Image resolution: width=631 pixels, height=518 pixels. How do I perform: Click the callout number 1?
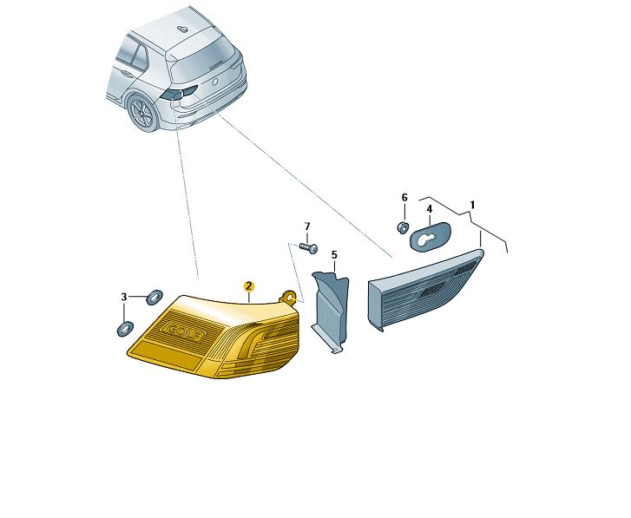[x=472, y=205]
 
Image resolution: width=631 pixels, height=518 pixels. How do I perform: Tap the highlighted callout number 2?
[x=249, y=286]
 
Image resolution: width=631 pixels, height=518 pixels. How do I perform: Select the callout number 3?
[x=124, y=297]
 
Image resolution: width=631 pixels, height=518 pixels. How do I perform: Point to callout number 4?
[x=430, y=209]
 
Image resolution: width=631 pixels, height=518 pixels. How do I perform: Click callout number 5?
[x=334, y=255]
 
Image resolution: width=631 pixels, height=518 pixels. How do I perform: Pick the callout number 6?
[x=404, y=198]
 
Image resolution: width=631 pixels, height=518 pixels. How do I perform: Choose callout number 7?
[x=307, y=226]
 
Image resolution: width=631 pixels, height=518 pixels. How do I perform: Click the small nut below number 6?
[x=403, y=227]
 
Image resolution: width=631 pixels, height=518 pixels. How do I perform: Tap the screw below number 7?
[x=309, y=247]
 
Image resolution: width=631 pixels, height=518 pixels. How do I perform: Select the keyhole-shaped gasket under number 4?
[x=431, y=236]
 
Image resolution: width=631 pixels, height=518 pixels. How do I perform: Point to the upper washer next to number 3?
[x=154, y=298]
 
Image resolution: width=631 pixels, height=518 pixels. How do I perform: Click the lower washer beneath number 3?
[x=125, y=329]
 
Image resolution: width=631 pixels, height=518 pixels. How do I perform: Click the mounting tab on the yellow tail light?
[x=288, y=297]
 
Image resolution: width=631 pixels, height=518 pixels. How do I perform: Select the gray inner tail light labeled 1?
[x=426, y=290]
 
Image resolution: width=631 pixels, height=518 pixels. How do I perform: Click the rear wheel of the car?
[x=142, y=112]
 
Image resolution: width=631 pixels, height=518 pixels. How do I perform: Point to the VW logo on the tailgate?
[x=215, y=82]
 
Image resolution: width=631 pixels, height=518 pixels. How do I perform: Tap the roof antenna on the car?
[x=182, y=29]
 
